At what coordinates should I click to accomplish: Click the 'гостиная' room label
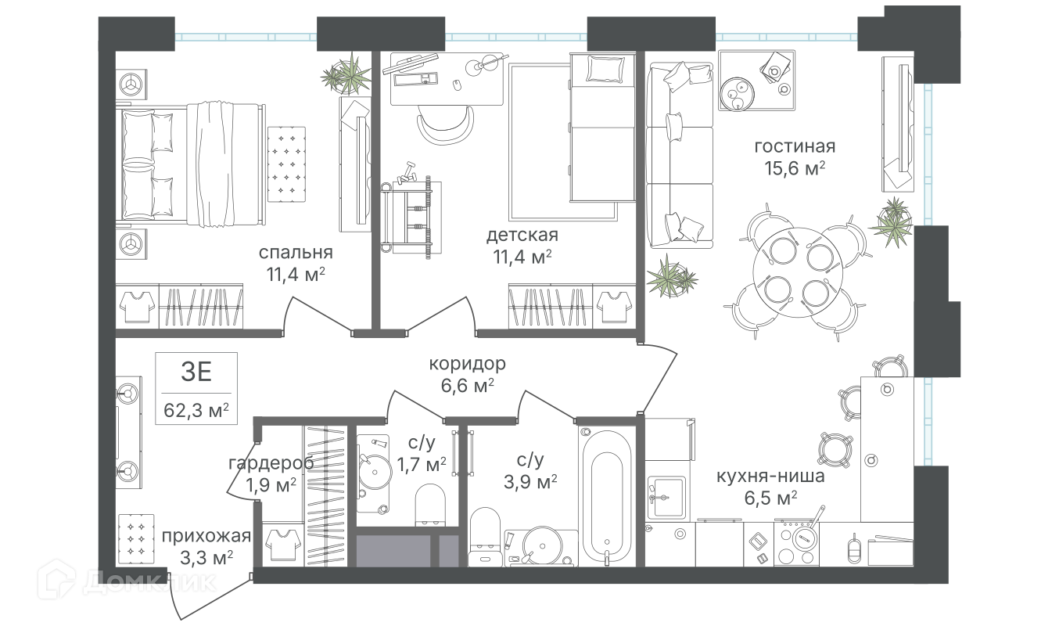click(795, 147)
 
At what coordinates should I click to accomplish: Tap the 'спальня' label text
click(296, 253)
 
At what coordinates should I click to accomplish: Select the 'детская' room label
click(522, 235)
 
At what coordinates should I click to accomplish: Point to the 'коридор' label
click(468, 364)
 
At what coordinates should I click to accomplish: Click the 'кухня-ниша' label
click(770, 476)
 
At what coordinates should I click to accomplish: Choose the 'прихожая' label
click(206, 536)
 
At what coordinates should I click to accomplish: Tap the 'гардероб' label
click(271, 463)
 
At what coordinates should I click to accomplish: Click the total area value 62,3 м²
click(196, 410)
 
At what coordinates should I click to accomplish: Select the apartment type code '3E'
click(196, 372)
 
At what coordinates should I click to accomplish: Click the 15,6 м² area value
click(795, 168)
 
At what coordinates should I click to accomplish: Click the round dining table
click(798, 272)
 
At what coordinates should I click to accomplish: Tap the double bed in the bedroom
click(190, 164)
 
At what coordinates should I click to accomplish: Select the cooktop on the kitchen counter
click(797, 543)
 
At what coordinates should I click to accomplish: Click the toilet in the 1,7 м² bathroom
click(430, 505)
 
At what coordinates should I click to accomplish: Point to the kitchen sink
click(666, 496)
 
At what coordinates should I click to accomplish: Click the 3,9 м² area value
click(530, 482)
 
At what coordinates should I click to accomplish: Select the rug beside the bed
click(286, 164)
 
